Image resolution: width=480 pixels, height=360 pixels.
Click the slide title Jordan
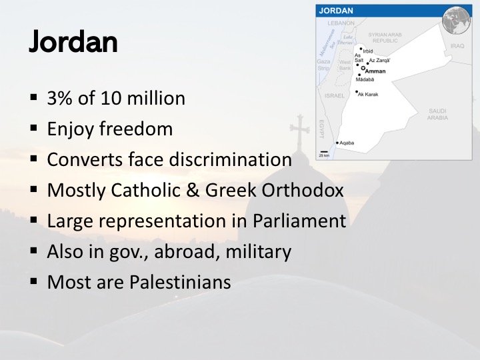click(x=73, y=42)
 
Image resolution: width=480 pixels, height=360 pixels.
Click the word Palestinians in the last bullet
click(x=180, y=281)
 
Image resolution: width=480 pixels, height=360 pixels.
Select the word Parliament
click(x=299, y=221)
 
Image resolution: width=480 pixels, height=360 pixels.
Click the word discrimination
click(x=230, y=159)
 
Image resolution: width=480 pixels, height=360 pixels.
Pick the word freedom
click(x=136, y=129)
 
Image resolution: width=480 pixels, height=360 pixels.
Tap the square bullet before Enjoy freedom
click(x=34, y=128)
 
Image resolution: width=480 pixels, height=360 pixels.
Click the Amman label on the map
click(x=375, y=71)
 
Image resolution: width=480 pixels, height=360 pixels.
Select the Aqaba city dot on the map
click(x=337, y=143)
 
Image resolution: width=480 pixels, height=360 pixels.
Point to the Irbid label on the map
click(x=368, y=51)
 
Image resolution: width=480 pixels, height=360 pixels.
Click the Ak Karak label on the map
click(x=368, y=94)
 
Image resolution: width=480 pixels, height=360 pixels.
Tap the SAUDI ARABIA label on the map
click(x=437, y=114)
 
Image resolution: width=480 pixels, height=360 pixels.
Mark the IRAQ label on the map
click(x=457, y=45)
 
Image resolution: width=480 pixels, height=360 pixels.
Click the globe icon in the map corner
click(x=456, y=20)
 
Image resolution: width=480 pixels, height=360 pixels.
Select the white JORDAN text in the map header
click(x=336, y=11)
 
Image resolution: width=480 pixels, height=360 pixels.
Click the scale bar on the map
click(x=324, y=152)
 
